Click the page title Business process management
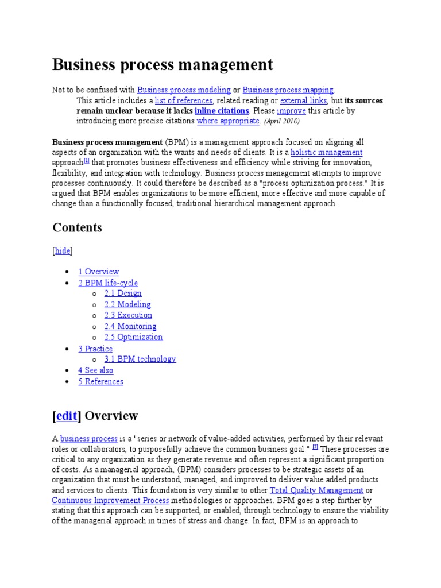pyautogui.click(x=163, y=64)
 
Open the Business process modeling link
pyautogui.click(x=184, y=90)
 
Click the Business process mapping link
pyautogui.click(x=288, y=90)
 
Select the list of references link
pyautogui.click(x=184, y=100)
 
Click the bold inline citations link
pyautogui.click(x=222, y=111)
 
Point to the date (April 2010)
pyautogui.click(x=282, y=122)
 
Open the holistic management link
pyautogui.click(x=327, y=152)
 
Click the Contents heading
pyautogui.click(x=78, y=227)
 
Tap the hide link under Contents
pyautogui.click(x=63, y=251)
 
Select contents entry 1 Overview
pyautogui.click(x=99, y=272)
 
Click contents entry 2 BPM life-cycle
pyautogui.click(x=108, y=283)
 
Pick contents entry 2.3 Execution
pyautogui.click(x=128, y=315)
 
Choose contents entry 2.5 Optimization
pyautogui.click(x=133, y=337)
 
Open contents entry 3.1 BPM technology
pyautogui.click(x=140, y=359)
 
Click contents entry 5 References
pyautogui.click(x=101, y=381)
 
